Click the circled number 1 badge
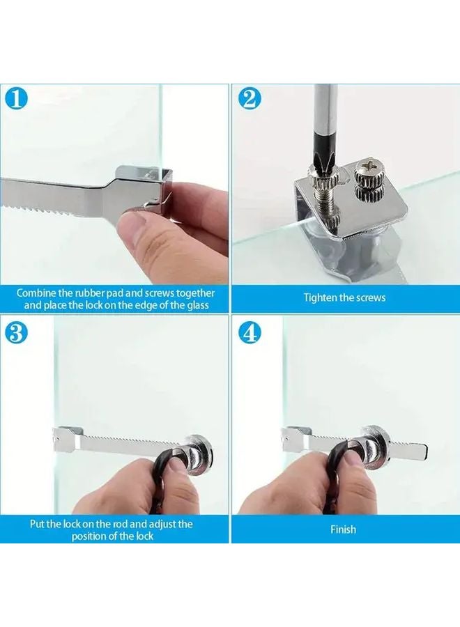coord(17,99)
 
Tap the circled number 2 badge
coord(250,100)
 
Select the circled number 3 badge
coord(17,333)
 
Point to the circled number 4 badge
coord(250,333)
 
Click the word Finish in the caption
coord(343,529)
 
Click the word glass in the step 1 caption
coord(198,306)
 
